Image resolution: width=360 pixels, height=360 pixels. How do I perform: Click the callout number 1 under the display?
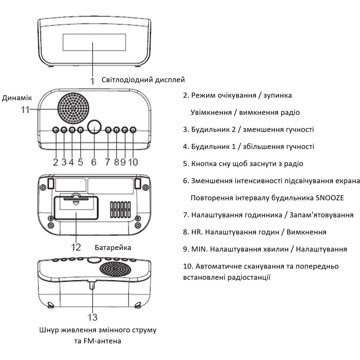pyautogui.click(x=93, y=81)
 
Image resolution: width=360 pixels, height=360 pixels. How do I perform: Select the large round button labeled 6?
pyautogui.click(x=94, y=126)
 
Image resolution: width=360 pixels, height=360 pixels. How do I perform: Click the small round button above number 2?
pyautogui.click(x=55, y=130)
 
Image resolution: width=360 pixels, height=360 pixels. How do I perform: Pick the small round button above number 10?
pyautogui.click(x=133, y=130)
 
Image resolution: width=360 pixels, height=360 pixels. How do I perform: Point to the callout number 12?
pyautogui.click(x=76, y=247)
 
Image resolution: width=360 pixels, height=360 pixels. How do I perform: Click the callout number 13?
pyautogui.click(x=92, y=317)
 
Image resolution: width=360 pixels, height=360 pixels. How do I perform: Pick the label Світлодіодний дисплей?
pyautogui.click(x=143, y=80)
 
